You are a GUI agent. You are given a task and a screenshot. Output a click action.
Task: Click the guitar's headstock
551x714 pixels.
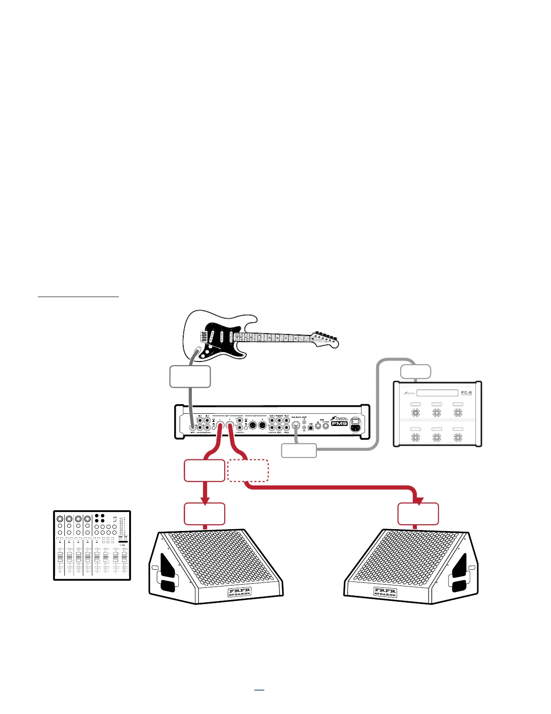click(x=326, y=339)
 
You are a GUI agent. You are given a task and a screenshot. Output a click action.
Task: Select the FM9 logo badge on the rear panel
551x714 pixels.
click(x=339, y=423)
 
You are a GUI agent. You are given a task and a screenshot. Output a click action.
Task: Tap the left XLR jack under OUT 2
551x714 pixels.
click(x=253, y=426)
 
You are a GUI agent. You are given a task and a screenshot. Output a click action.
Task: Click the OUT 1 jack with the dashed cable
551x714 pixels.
click(x=230, y=425)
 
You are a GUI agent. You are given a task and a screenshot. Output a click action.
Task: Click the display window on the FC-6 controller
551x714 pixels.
click(x=437, y=393)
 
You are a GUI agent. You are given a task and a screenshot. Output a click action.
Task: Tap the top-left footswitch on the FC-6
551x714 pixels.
click(x=416, y=412)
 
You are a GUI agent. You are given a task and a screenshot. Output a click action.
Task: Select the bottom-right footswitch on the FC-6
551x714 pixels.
click(x=458, y=437)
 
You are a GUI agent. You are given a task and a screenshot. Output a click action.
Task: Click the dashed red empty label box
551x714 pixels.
click(x=248, y=471)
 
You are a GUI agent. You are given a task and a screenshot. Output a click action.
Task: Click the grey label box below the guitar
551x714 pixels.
click(x=190, y=377)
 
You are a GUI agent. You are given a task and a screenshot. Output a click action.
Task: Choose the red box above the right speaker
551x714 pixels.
click(x=418, y=514)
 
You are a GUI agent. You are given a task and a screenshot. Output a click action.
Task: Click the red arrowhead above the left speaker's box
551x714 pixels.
click(x=205, y=500)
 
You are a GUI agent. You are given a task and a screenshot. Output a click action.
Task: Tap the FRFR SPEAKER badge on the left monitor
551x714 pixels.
click(x=240, y=592)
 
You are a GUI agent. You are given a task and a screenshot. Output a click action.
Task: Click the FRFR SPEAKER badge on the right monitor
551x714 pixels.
click(x=385, y=592)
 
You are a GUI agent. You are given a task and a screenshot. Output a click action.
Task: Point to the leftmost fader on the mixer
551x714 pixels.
click(x=60, y=557)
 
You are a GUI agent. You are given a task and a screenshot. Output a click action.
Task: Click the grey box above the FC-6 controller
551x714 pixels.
click(x=416, y=372)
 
